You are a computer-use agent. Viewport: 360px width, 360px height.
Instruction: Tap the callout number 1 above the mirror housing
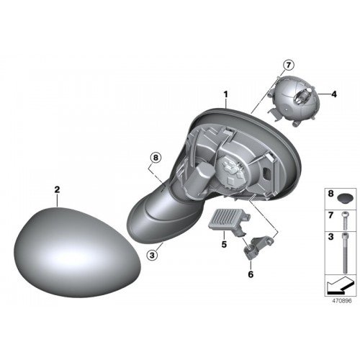tap(225, 95)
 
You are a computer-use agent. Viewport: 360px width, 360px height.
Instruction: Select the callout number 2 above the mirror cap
tap(57, 189)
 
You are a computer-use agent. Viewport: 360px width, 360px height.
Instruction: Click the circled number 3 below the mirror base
tap(152, 255)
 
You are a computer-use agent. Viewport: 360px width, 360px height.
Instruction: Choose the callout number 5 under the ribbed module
tap(224, 244)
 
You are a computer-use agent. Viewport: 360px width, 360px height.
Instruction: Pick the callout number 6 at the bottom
tap(251, 274)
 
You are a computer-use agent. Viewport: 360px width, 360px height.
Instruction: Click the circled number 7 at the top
tap(288, 65)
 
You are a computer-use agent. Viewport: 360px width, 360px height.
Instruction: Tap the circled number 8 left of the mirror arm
tap(156, 158)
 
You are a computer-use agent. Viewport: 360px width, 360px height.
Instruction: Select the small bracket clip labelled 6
tap(258, 247)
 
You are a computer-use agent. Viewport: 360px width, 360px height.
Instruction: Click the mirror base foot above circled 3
tap(163, 216)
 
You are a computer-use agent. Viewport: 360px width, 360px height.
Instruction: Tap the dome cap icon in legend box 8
tap(345, 198)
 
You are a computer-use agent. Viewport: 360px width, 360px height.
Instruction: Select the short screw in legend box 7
tap(345, 220)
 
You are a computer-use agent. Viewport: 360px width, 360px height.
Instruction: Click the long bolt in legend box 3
tap(345, 253)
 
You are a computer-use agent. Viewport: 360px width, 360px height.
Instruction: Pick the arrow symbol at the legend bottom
tap(340, 286)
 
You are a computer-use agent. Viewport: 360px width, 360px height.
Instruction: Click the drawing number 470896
tap(342, 301)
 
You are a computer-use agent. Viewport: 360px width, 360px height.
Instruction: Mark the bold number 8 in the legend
tap(330, 194)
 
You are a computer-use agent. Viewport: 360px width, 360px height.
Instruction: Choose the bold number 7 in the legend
tap(330, 215)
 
